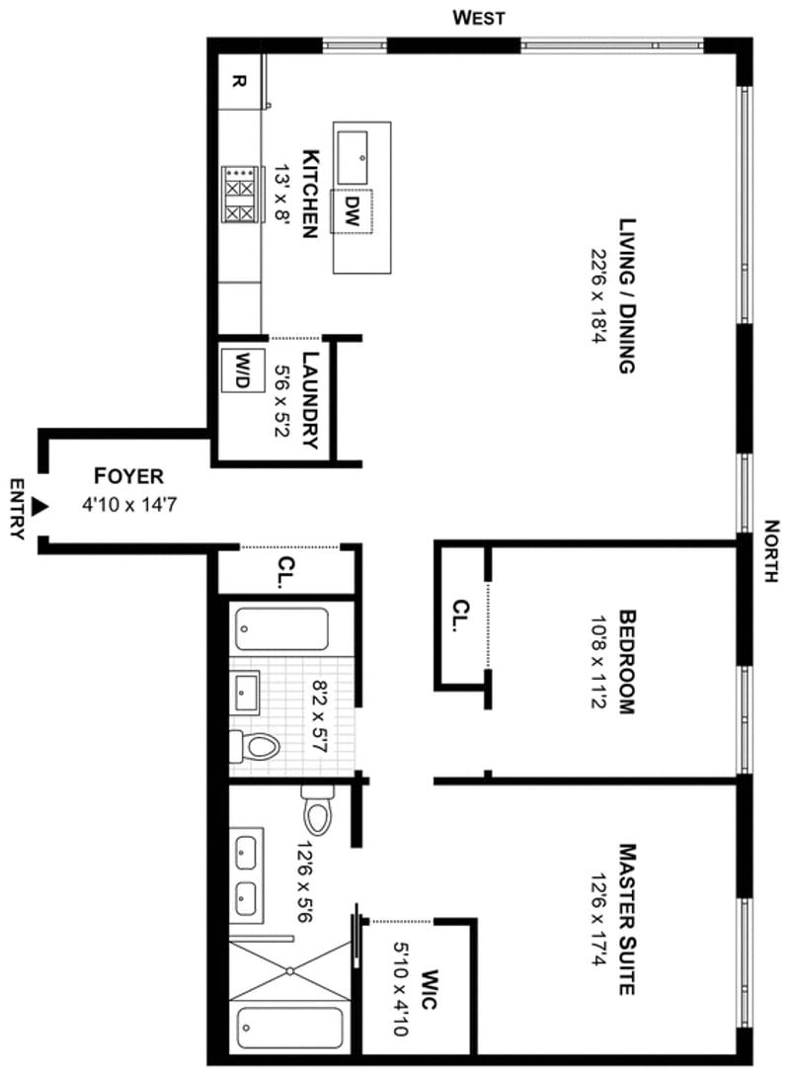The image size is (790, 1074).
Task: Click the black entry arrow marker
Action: [x=41, y=506]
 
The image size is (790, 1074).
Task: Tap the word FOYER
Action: [x=128, y=476]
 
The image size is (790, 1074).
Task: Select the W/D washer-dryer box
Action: [x=242, y=370]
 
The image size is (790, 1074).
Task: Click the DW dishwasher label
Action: [x=352, y=211]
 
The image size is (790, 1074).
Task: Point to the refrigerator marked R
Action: [x=239, y=81]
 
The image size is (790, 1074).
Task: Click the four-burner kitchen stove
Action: [x=242, y=195]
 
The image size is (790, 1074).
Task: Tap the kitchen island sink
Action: [x=352, y=157]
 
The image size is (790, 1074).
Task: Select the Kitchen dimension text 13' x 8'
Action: [x=282, y=195]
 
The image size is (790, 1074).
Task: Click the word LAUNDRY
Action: [x=311, y=400]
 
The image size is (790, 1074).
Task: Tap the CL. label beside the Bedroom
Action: [x=462, y=616]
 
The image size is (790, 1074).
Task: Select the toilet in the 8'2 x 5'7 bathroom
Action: [x=254, y=747]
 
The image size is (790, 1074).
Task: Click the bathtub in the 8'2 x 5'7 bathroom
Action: [x=282, y=629]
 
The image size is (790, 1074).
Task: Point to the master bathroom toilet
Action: [x=317, y=810]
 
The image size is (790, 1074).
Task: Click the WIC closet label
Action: [x=430, y=989]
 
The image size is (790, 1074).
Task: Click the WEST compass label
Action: [x=479, y=17]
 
